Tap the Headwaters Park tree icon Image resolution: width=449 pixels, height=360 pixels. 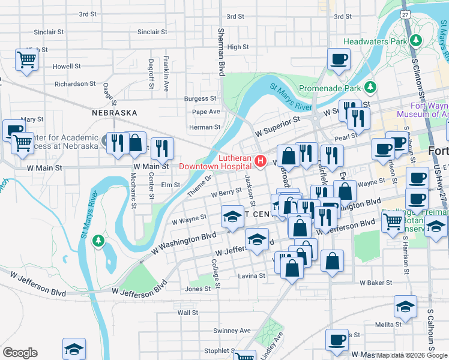pyautogui.click(x=415, y=41)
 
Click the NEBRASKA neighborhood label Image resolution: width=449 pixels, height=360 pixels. pyautogui.click(x=114, y=113)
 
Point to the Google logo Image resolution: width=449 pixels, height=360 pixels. pyautogui.click(x=20, y=353)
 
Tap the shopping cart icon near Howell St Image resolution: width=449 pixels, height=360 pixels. pyautogui.click(x=26, y=59)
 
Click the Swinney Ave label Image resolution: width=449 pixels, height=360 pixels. pyautogui.click(x=232, y=331)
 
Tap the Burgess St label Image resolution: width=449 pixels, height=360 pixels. pyautogui.click(x=200, y=98)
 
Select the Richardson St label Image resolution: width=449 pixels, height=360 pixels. pyautogui.click(x=75, y=84)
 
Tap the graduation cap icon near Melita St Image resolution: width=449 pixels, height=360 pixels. pyautogui.click(x=406, y=306)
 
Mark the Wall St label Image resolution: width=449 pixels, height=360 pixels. pyautogui.click(x=187, y=313)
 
